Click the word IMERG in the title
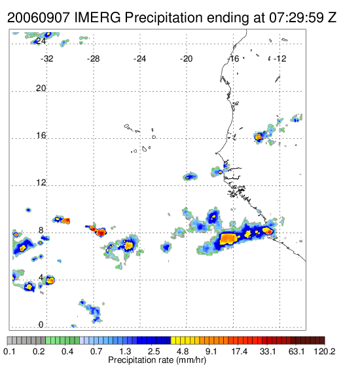coord(98,18)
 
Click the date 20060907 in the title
coord(39,18)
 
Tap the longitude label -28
coord(93,59)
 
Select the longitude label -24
coord(139,59)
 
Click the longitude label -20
coord(186,59)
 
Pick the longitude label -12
coord(279,59)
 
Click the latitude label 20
coord(41,88)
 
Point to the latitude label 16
coord(41,136)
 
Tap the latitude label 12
coord(41,183)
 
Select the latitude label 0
coord(41,325)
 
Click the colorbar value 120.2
coord(325,351)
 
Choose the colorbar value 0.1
coord(9,351)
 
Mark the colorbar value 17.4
coord(240,351)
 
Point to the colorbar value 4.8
coord(183,351)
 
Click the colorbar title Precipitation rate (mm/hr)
coord(157,360)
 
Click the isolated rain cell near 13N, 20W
coord(190,177)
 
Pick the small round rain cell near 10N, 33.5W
coord(28,210)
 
